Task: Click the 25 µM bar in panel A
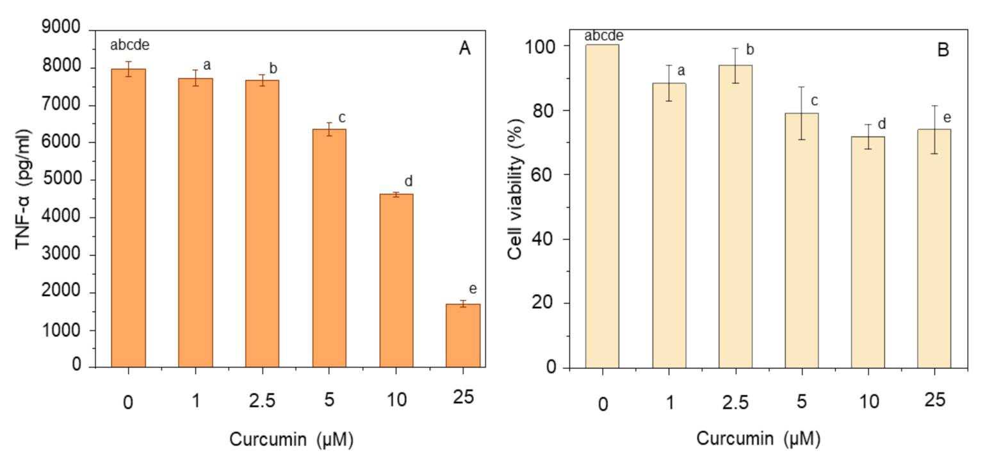point(462,335)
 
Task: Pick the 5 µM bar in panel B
point(801,240)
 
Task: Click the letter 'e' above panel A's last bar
point(473,288)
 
